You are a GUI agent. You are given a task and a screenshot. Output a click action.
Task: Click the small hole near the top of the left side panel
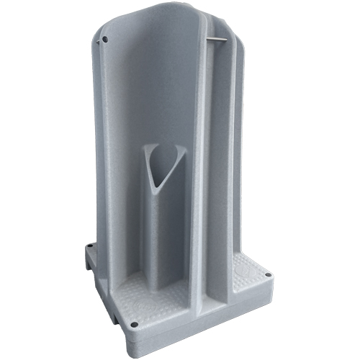[x=105, y=40]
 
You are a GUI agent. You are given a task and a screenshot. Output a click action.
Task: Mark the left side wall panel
[x=108, y=144]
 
